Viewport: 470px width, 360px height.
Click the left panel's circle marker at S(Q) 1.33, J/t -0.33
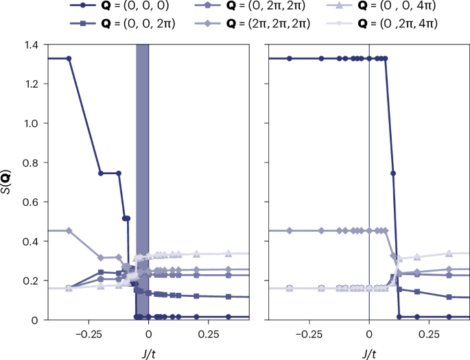click(69, 58)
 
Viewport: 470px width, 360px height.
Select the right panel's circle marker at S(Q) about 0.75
click(393, 173)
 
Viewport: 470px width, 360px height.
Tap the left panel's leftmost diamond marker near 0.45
click(69, 230)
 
